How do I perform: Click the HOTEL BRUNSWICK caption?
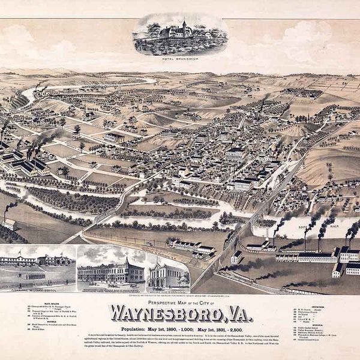179,58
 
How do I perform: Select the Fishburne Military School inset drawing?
37,266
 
